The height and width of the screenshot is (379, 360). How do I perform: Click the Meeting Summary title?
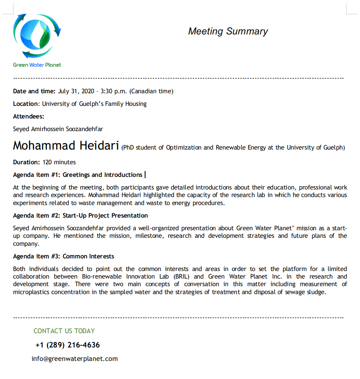pos(228,32)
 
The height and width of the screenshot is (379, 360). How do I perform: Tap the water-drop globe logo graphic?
pos(37,36)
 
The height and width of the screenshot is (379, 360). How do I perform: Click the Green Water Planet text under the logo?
pos(37,65)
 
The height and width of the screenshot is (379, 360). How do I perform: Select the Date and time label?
pos(34,91)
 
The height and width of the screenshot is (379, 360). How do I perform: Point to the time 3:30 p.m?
pos(113,91)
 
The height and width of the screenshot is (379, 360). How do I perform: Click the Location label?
pos(26,104)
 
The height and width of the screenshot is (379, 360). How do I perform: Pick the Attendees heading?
pos(29,116)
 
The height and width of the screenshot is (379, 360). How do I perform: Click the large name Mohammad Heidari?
pos(66,145)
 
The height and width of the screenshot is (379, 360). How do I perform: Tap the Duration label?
pos(26,162)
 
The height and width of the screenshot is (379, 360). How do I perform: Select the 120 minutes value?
pos(59,162)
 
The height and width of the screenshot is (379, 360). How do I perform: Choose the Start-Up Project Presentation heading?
pos(105,216)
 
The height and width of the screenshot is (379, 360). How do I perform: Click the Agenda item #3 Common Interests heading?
pos(64,256)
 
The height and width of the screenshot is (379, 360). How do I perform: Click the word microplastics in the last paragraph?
pos(31,292)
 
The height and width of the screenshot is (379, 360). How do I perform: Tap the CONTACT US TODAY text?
pos(64,331)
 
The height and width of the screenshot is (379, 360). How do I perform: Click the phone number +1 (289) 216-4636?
pos(68,345)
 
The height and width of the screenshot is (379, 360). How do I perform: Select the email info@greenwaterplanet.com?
pos(74,359)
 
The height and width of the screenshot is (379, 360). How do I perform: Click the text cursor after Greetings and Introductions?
pos(145,175)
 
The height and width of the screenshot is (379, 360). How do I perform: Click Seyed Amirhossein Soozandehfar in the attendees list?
pos(58,129)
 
